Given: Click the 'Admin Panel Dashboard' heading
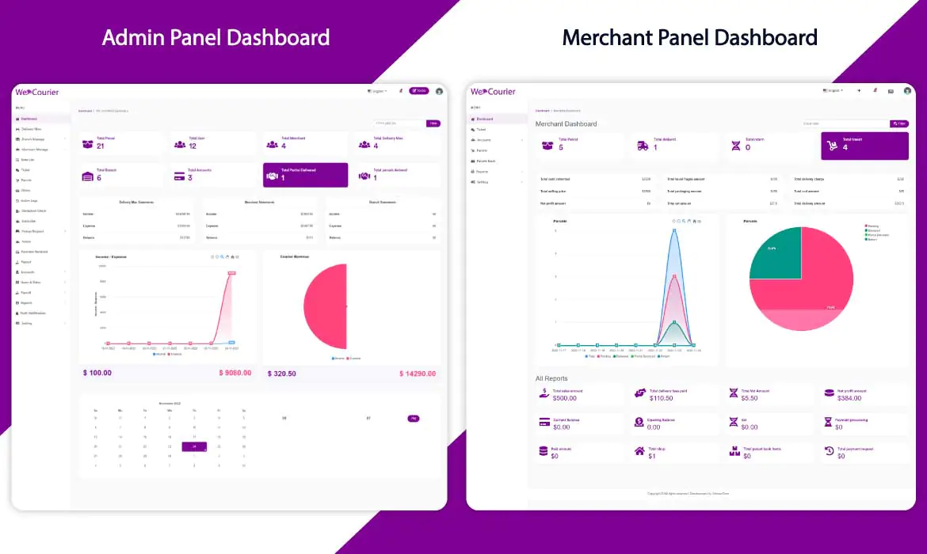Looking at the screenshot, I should coord(216,37).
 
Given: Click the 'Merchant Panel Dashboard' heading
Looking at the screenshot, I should coord(689,37).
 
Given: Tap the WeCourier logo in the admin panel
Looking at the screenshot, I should coord(37,92).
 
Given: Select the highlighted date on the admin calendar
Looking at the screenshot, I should coord(194,446).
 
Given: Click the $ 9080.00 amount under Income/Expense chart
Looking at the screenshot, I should coord(236,373).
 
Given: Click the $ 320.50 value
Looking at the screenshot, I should coord(282,374).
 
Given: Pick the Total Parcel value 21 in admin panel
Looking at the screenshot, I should coord(101,146).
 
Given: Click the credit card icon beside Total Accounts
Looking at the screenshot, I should coord(179,176).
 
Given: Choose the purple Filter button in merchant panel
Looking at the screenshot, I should coord(899,123).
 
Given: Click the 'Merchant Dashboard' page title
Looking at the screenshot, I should coord(566,124).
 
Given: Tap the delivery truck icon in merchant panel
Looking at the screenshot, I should coord(642,146).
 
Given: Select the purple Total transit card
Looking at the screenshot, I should coord(864,146).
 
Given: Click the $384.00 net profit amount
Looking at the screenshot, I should coord(848,398).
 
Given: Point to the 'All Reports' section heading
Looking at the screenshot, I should coord(551,379).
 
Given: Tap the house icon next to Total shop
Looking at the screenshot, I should coord(639,451).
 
